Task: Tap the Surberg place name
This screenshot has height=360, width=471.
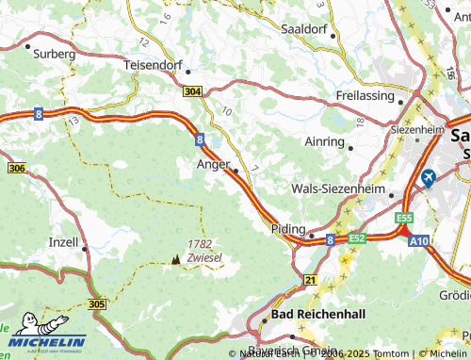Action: pyautogui.click(x=53, y=55)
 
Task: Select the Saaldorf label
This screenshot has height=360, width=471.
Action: pyautogui.click(x=303, y=28)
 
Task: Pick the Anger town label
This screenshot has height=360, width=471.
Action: pyautogui.click(x=212, y=164)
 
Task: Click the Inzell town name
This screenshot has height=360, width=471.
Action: pyautogui.click(x=63, y=241)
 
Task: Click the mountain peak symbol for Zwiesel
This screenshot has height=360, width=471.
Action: pyautogui.click(x=175, y=257)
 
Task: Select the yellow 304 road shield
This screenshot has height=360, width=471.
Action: pyautogui.click(x=192, y=91)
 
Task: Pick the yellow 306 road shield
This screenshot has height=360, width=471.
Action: pyautogui.click(x=15, y=168)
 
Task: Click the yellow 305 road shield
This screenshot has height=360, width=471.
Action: pyautogui.click(x=98, y=304)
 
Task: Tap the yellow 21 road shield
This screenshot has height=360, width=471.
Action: pyautogui.click(x=310, y=280)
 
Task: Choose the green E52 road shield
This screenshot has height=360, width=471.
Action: pyautogui.click(x=356, y=239)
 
